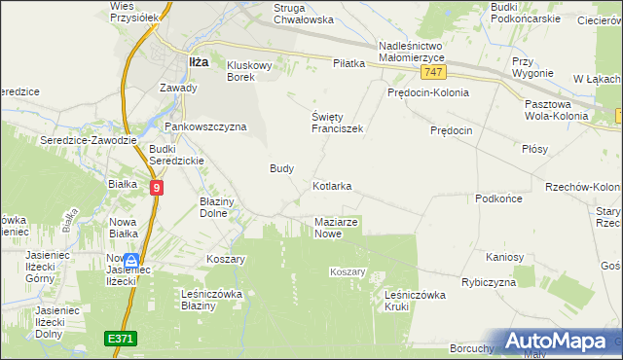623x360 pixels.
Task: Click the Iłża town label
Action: [197, 61]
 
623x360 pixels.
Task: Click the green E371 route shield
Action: [121, 338]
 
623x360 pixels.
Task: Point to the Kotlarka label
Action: [332, 185]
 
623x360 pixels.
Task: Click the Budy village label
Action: [281, 168]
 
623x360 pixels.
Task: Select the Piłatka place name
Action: [348, 63]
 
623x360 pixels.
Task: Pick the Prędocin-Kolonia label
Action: [427, 93]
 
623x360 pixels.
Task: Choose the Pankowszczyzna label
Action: [205, 126]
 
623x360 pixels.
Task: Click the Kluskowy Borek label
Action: [254, 71]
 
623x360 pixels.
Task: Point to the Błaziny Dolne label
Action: [218, 206]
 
